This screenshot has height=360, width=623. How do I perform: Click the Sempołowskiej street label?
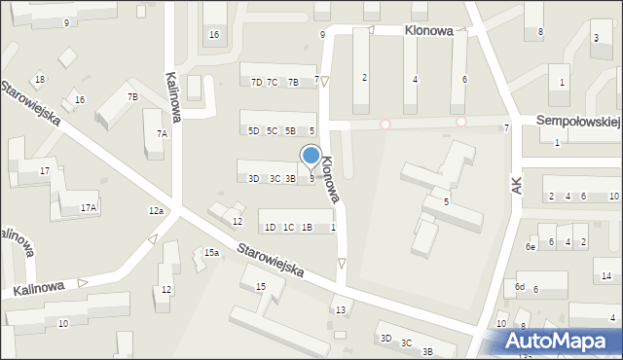point(579,120)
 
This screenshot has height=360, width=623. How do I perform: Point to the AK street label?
point(516,185)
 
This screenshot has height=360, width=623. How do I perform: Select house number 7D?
point(256,83)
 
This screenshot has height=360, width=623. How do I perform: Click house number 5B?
point(290,131)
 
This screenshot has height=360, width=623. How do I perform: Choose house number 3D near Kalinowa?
point(253,178)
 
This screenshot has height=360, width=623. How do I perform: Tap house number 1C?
point(288,228)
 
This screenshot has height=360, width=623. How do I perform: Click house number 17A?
point(89,208)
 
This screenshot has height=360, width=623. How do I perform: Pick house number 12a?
point(156,211)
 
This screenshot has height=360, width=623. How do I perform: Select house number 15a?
point(211,253)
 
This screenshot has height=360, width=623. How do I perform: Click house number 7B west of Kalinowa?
point(132,97)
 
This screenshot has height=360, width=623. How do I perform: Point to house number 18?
point(39,80)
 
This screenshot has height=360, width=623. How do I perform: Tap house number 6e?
point(531,247)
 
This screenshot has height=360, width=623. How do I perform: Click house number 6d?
point(520,287)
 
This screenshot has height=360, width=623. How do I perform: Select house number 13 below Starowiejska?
point(340,310)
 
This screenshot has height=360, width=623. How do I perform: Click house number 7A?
point(162,133)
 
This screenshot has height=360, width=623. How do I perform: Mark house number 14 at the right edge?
point(605,276)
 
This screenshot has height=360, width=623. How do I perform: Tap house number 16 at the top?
point(214,35)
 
